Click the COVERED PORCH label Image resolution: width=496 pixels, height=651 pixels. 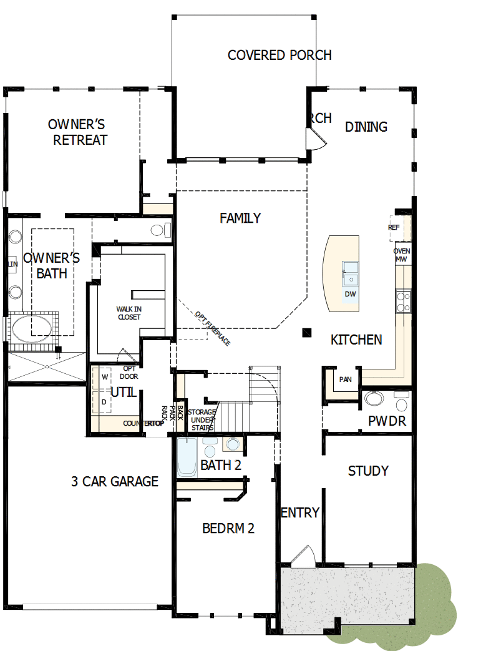pyautogui.click(x=279, y=55)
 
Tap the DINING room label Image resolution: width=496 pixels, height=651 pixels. pyautogui.click(x=366, y=127)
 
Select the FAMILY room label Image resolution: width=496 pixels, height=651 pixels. pyautogui.click(x=240, y=218)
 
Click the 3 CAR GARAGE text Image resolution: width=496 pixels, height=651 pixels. pyautogui.click(x=114, y=481)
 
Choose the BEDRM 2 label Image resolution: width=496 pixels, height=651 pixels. pyautogui.click(x=228, y=528)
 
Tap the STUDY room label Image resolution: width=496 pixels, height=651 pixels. pyautogui.click(x=368, y=471)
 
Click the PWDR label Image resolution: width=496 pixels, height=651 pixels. pyautogui.click(x=387, y=421)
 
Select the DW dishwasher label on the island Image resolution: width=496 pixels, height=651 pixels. pyautogui.click(x=350, y=294)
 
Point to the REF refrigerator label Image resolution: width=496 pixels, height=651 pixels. pyautogui.click(x=394, y=228)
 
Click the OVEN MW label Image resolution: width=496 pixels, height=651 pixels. pyautogui.click(x=402, y=255)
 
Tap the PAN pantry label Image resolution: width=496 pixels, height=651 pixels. pyautogui.click(x=345, y=379)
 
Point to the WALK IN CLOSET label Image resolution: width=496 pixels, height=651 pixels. pyautogui.click(x=129, y=313)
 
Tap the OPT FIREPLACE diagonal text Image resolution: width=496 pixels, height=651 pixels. pyautogui.click(x=213, y=328)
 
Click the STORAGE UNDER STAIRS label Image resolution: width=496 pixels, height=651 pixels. pyautogui.click(x=203, y=419)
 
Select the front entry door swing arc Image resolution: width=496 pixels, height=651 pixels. pyautogui.click(x=306, y=554)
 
